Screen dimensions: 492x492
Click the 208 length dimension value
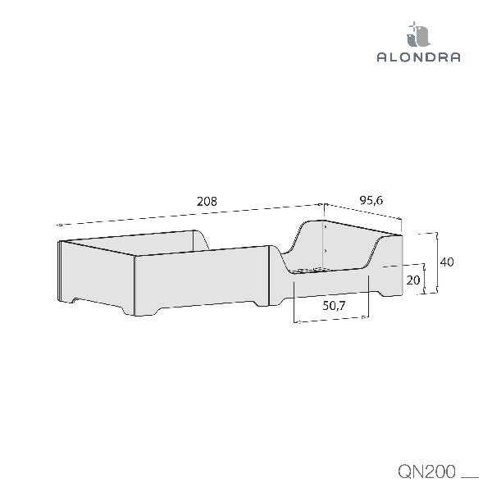(207, 202)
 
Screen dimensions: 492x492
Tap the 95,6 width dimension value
(371, 200)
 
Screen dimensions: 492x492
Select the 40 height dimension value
(447, 262)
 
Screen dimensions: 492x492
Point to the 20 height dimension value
(413, 280)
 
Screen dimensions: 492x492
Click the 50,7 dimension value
(334, 305)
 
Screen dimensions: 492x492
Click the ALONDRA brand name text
(418, 57)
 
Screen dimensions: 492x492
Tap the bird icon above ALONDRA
(418, 34)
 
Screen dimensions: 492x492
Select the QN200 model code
(426, 471)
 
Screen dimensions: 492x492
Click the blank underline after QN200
(470, 478)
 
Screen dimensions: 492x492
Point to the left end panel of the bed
(97, 276)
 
